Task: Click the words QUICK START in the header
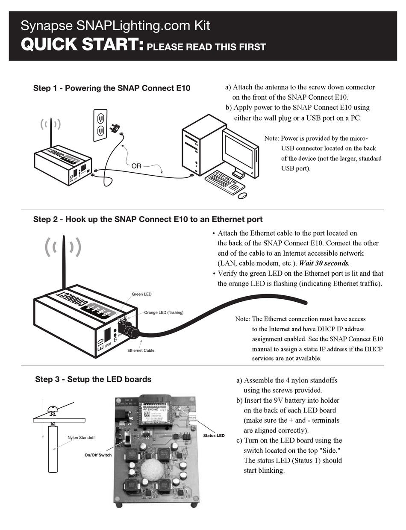(82, 45)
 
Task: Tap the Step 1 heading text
(112, 88)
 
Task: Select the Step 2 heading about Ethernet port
(148, 219)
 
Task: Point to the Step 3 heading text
(93, 379)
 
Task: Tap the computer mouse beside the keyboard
(242, 195)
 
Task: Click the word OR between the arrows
(136, 166)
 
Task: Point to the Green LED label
(141, 294)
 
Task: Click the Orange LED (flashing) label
(164, 312)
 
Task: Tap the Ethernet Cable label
(141, 350)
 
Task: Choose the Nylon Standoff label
(81, 438)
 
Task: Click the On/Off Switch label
(98, 455)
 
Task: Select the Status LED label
(214, 436)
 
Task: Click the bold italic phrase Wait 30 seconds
(324, 263)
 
